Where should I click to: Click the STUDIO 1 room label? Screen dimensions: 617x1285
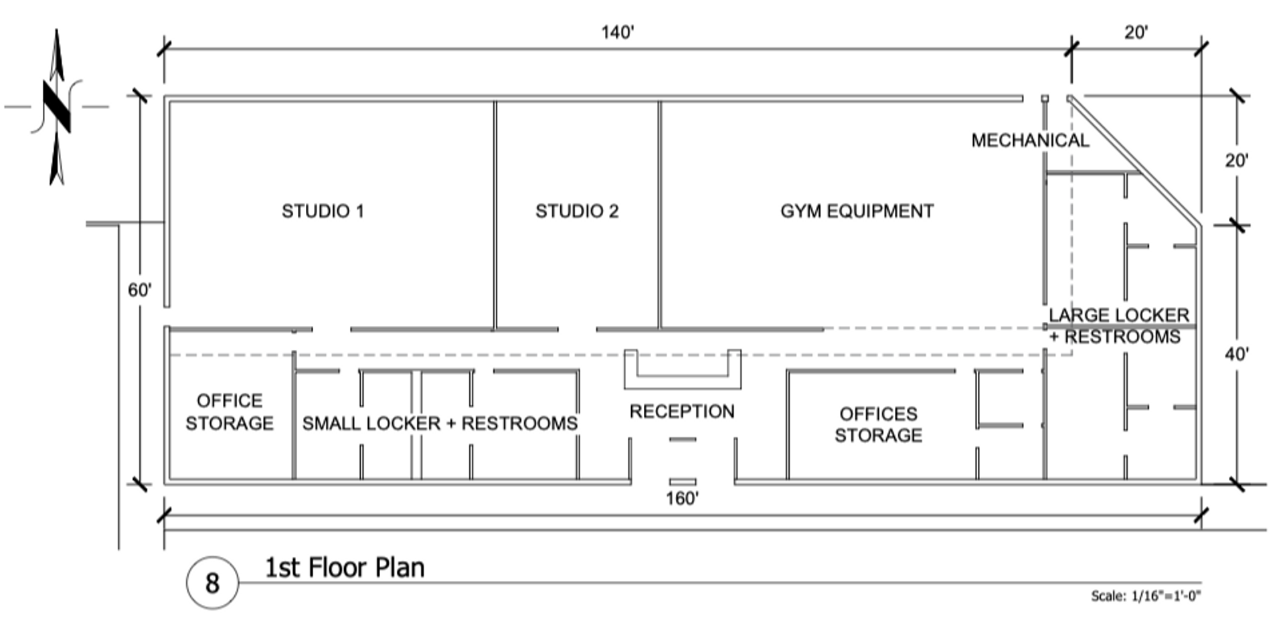click(x=323, y=211)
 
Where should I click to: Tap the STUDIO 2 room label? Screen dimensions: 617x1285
click(x=577, y=211)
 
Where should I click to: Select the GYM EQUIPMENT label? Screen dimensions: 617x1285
click(x=857, y=211)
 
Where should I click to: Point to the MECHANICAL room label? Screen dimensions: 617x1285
click(x=1030, y=141)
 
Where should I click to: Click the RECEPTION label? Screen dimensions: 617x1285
click(x=682, y=412)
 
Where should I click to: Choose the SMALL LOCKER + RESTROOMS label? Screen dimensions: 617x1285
click(x=440, y=424)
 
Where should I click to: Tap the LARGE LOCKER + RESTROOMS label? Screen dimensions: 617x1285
click(x=1118, y=326)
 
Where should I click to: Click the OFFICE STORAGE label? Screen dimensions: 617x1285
click(x=230, y=412)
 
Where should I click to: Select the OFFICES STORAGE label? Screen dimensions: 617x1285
click(x=878, y=425)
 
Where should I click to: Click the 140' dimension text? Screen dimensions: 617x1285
click(x=617, y=32)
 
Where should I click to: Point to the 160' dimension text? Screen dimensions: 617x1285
click(x=682, y=499)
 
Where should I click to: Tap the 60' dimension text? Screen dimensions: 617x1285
click(x=140, y=290)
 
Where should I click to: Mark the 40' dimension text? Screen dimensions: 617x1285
click(x=1236, y=354)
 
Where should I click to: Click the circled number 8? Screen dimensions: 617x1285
click(x=212, y=583)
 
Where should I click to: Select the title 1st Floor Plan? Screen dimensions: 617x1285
click(x=345, y=568)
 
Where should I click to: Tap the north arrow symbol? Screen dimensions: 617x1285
click(x=57, y=107)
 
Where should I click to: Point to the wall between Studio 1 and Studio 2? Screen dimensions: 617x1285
click(x=495, y=214)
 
